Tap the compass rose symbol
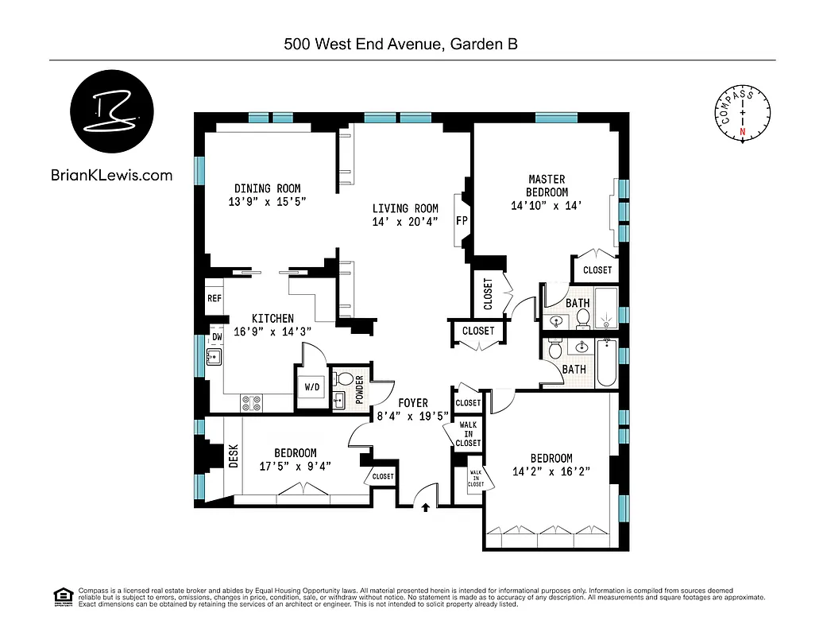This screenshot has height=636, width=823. [x=743, y=114]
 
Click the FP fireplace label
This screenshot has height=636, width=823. [x=461, y=220]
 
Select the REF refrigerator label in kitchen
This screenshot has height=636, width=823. [x=214, y=299]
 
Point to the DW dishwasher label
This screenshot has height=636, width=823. [x=216, y=337]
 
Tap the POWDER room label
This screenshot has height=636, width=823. [x=360, y=390]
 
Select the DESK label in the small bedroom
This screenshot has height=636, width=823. [x=234, y=456]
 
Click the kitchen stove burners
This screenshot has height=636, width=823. [x=252, y=403]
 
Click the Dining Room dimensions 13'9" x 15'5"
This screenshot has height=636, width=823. [x=267, y=202]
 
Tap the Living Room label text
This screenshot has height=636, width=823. [x=405, y=209]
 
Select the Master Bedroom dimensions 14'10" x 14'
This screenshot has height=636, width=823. [x=547, y=205]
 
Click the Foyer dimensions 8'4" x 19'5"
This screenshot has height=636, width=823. [x=412, y=415]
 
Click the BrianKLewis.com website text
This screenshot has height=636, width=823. [x=111, y=176]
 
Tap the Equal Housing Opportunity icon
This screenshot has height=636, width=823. [x=61, y=595]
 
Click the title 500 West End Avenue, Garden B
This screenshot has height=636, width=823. [x=401, y=45]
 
